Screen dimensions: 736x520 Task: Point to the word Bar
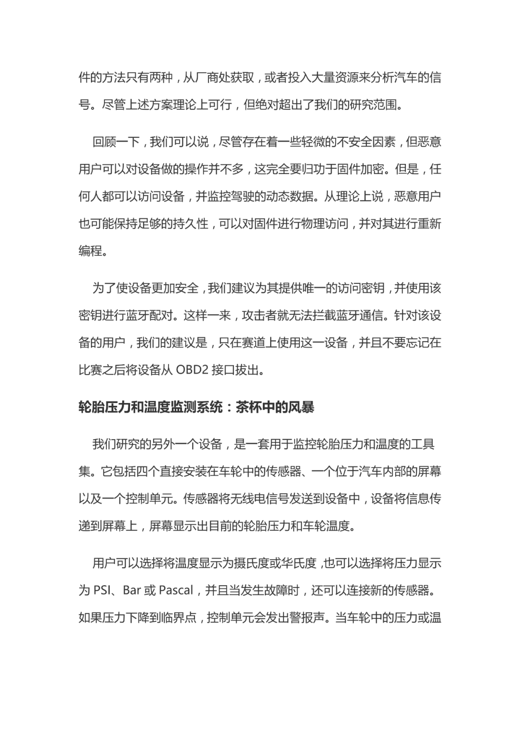pyautogui.click(x=132, y=590)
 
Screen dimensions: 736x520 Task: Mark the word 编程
pyautogui.click(x=91, y=251)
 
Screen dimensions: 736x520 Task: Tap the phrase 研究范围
pyautogui.click(x=371, y=105)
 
